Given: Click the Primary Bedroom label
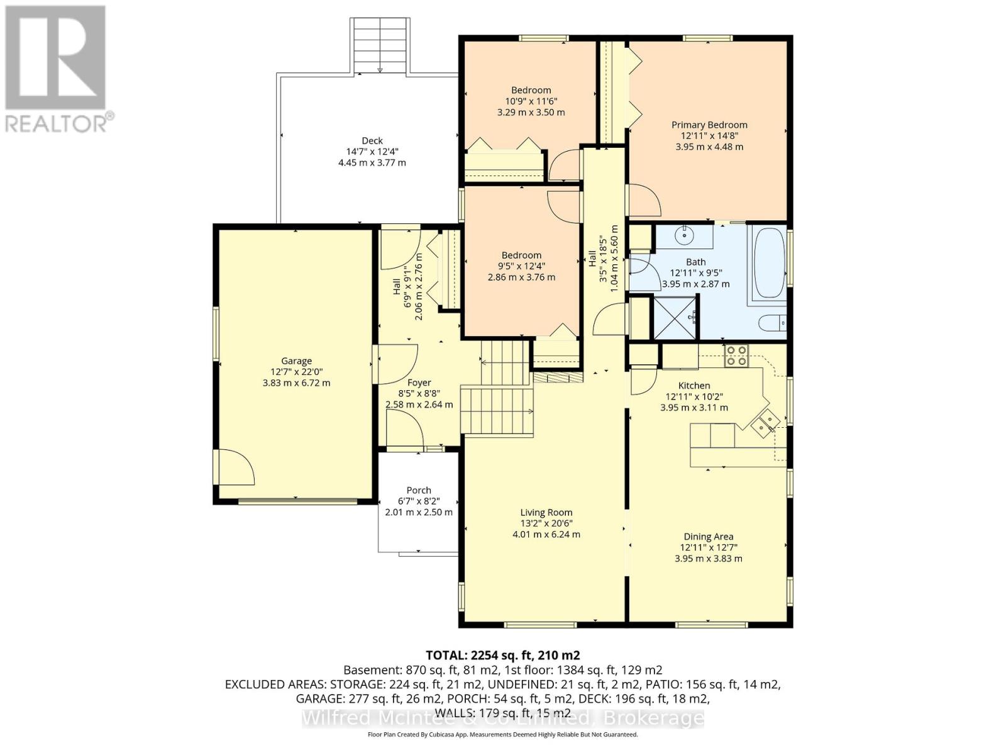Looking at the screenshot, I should tap(709, 125).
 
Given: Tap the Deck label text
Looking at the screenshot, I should tap(372, 141).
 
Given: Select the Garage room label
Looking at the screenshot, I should tap(296, 361).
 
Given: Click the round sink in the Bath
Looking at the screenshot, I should tap(684, 236).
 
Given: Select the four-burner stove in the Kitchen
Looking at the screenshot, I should tap(736, 356).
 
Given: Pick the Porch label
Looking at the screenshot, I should tap(419, 490).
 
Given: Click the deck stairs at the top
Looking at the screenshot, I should tap(379, 47).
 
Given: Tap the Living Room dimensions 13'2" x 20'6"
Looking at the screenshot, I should tap(546, 523).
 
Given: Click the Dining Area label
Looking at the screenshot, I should tap(708, 537).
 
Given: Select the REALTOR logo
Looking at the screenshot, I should tap(57, 69).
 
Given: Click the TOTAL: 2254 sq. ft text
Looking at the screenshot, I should tap(503, 655).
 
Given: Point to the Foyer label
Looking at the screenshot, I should tap(419, 383).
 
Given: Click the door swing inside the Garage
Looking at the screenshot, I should tap(236, 467).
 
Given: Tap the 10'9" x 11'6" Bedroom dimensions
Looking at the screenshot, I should tap(531, 101).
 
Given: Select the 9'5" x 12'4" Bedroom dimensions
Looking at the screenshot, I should tap(521, 266).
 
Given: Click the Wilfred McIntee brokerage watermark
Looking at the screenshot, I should tap(503, 718).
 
